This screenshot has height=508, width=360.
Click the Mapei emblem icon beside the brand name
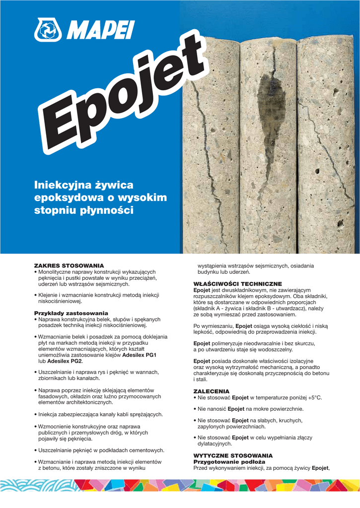(48, 30)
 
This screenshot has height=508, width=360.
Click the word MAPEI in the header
(100, 30)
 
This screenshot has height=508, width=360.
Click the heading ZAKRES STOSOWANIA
(69, 266)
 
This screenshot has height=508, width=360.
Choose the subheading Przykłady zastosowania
(71, 313)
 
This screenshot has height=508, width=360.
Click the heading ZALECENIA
(211, 391)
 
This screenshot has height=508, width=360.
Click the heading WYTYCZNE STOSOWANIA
(232, 455)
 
